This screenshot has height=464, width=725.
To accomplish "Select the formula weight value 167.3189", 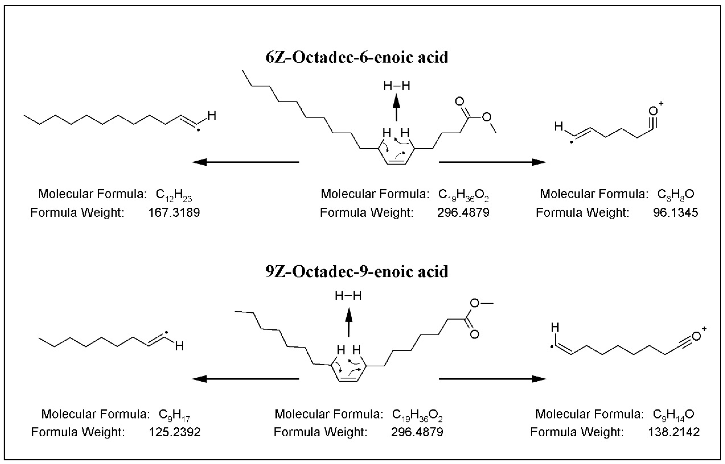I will click(174, 213).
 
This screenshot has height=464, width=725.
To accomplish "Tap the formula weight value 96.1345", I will click(676, 213).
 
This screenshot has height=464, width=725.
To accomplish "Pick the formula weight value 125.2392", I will click(175, 432).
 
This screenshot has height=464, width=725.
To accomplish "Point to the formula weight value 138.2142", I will click(674, 432).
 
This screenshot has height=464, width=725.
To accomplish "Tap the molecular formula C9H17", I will click(174, 415).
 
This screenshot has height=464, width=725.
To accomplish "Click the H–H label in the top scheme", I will click(397, 86).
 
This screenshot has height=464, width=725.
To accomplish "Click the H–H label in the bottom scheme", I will click(348, 296).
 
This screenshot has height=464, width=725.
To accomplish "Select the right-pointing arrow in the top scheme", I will click(492, 162).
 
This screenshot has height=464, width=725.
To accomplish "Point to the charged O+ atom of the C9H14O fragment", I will click(696, 337).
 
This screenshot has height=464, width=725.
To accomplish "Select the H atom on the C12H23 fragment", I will click(212, 115).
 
